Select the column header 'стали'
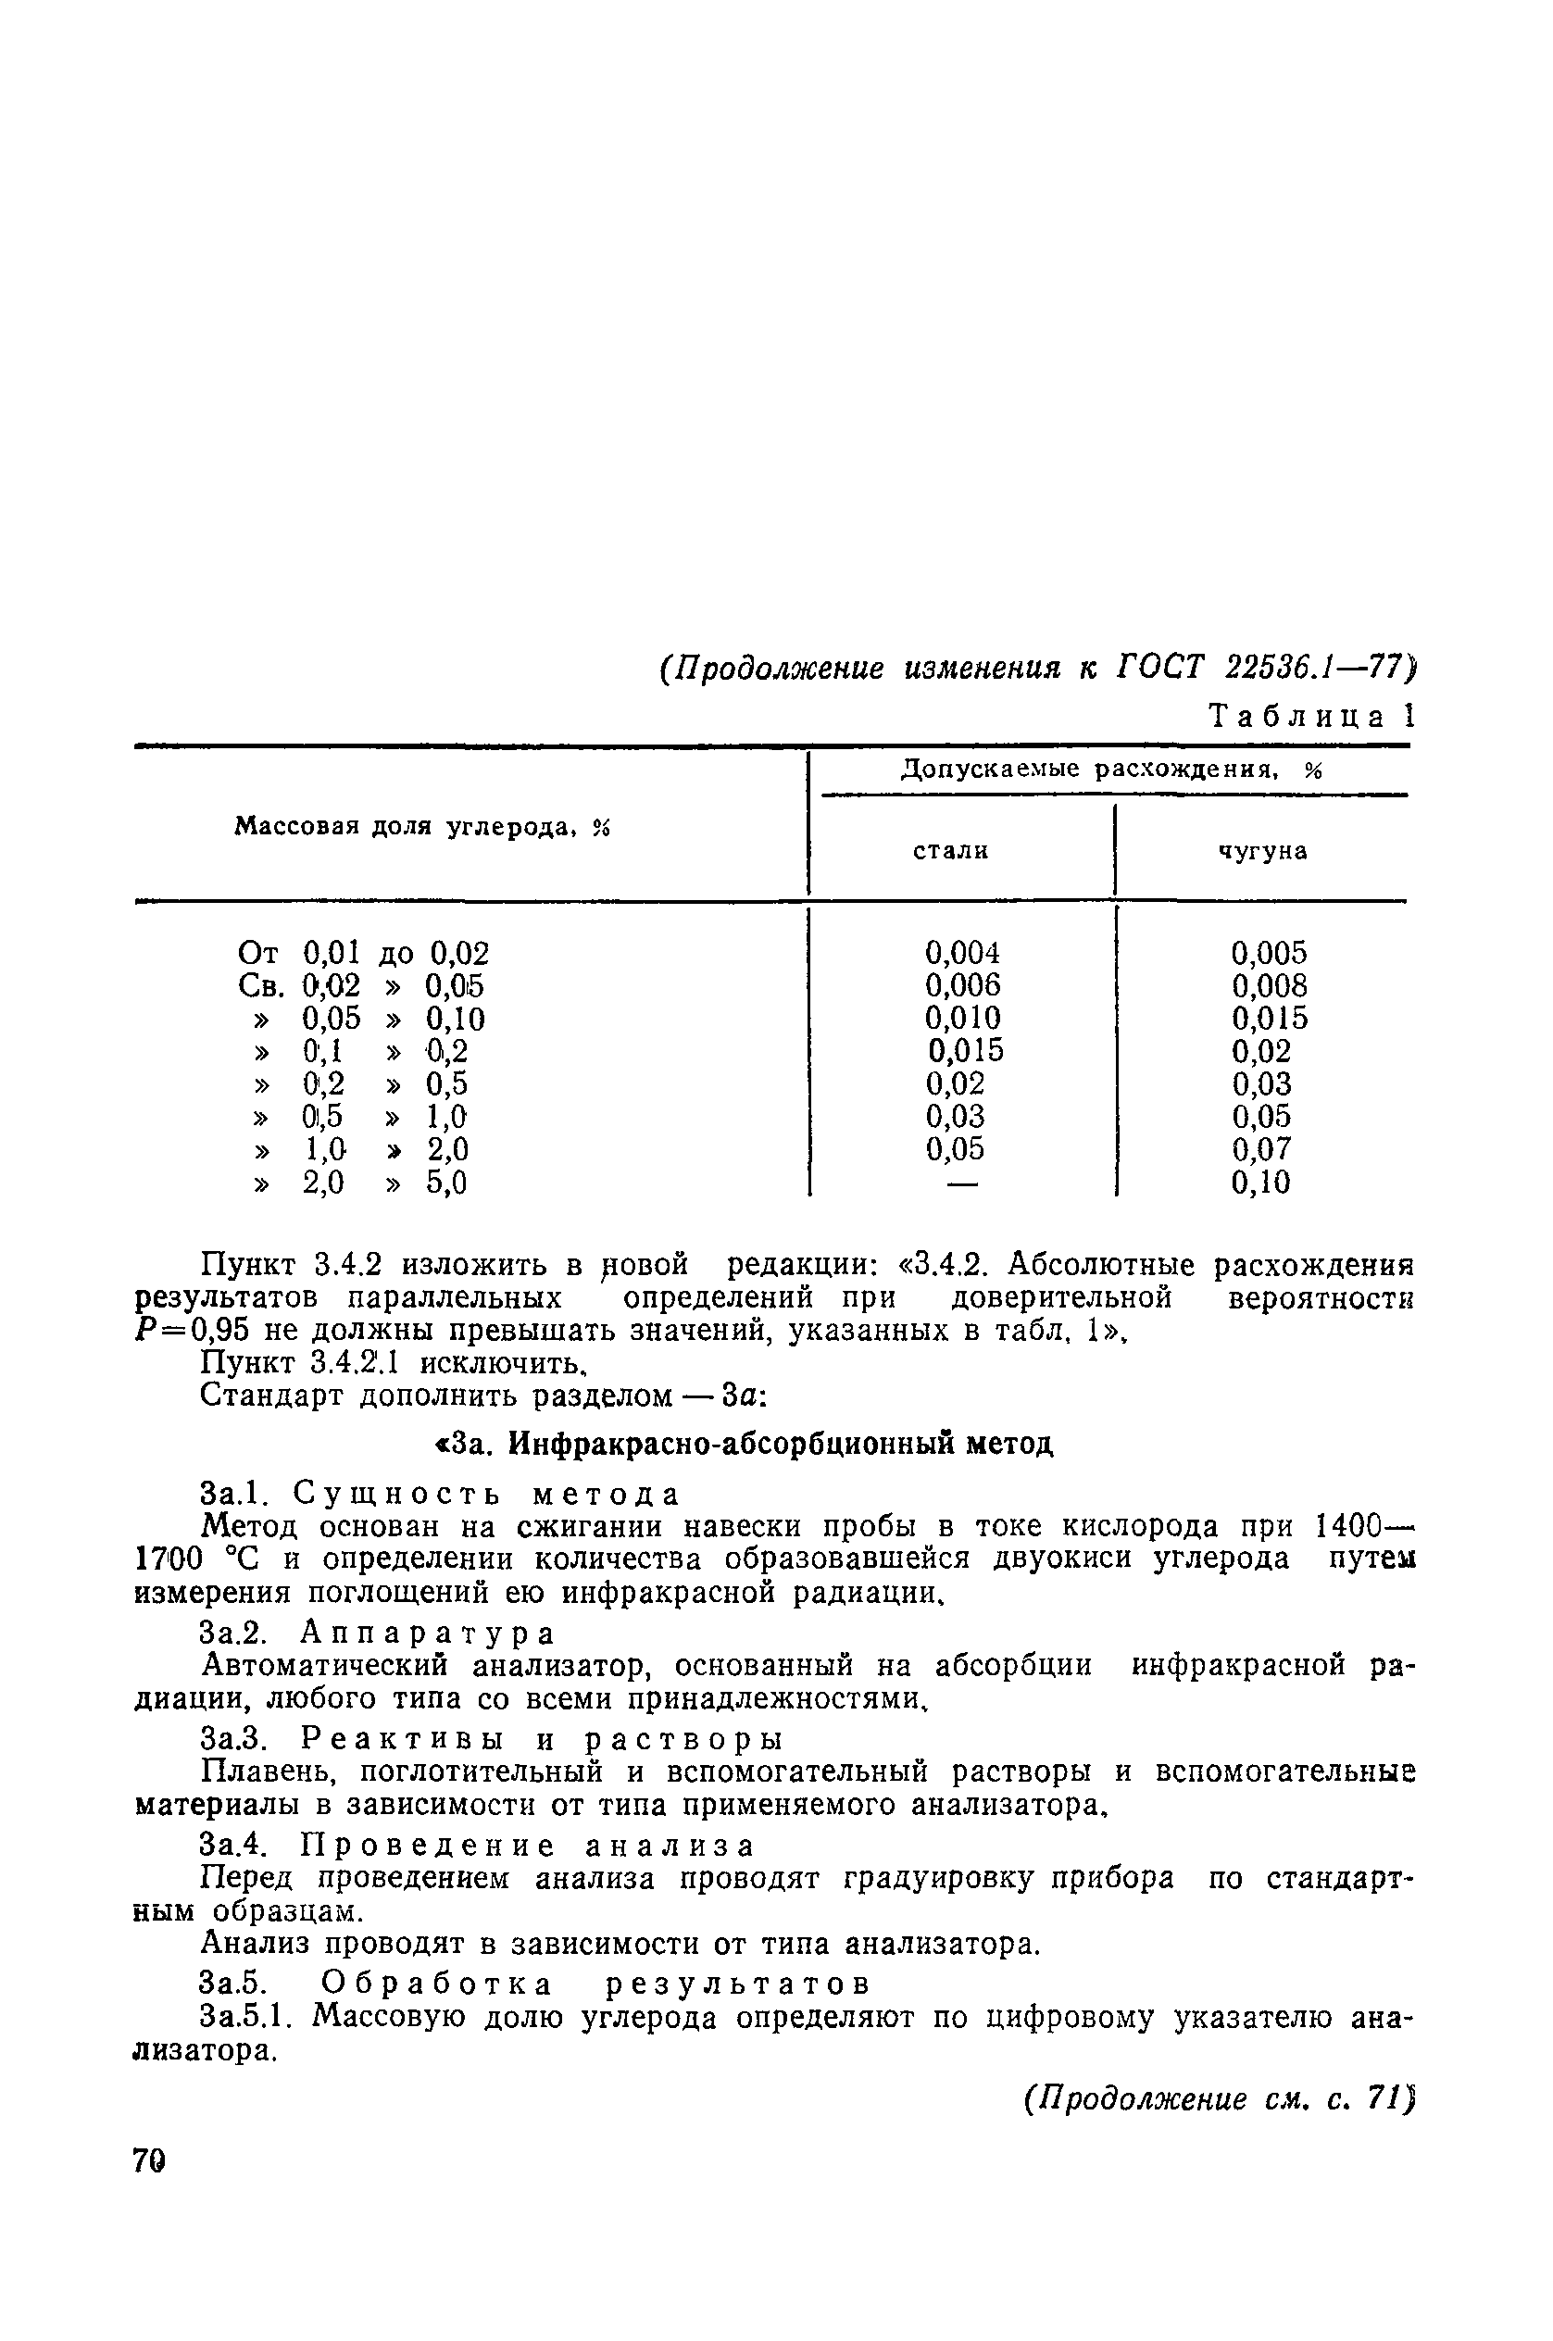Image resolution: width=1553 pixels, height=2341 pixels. (x=951, y=851)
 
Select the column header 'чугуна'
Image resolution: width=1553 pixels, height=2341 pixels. (x=1263, y=851)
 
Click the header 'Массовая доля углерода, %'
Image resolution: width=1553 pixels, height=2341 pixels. (x=422, y=827)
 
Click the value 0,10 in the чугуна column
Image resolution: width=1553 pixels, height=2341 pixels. (x=1260, y=1183)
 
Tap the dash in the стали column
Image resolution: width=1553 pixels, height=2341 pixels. (x=963, y=1183)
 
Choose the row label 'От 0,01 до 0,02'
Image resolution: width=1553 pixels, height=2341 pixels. (x=364, y=954)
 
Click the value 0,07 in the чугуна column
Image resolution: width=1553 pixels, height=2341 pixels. (x=1260, y=1150)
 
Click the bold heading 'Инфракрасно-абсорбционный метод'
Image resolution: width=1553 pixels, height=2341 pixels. (x=781, y=1445)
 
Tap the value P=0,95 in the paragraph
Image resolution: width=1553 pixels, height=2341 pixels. (x=195, y=1332)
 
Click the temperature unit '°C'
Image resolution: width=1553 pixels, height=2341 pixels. (x=242, y=1559)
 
